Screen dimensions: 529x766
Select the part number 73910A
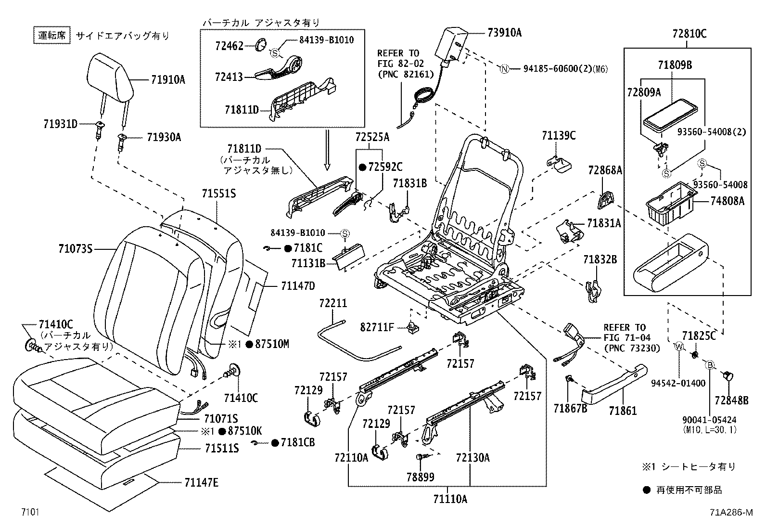pyautogui.click(x=504, y=33)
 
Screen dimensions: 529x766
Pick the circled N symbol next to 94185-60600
pyautogui.click(x=504, y=69)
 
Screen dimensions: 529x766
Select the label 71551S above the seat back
pyautogui.click(x=219, y=194)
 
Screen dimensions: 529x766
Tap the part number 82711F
pyautogui.click(x=377, y=328)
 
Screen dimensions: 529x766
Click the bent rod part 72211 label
pyautogui.click(x=333, y=303)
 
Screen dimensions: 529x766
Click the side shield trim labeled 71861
pyautogui.click(x=613, y=385)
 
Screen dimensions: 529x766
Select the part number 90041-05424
pyautogui.click(x=709, y=420)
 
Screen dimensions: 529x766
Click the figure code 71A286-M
pyautogui.click(x=730, y=513)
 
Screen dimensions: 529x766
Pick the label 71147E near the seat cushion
pyautogui.click(x=201, y=482)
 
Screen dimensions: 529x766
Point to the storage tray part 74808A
pyautogui.click(x=670, y=205)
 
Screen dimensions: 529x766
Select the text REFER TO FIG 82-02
pyautogui.click(x=398, y=63)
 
